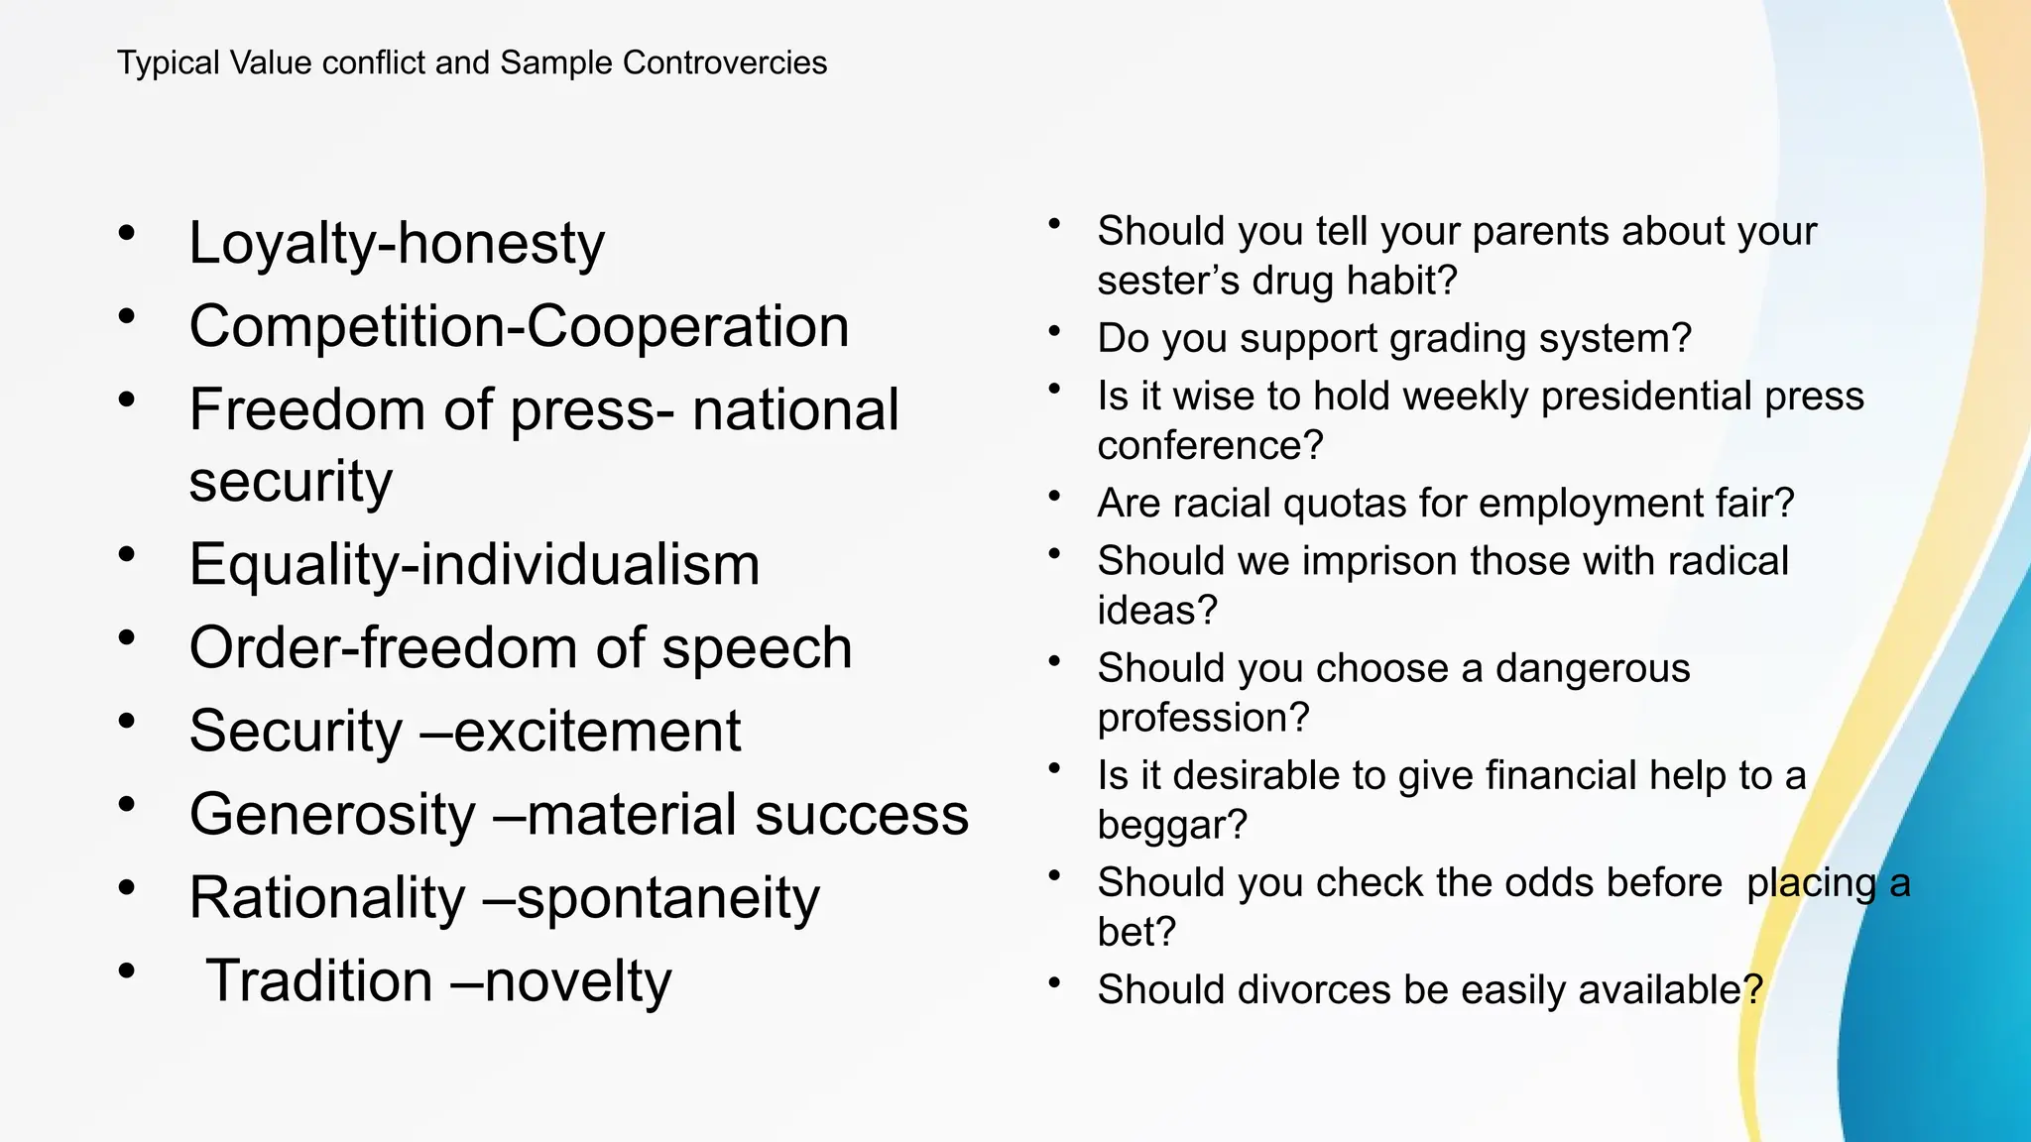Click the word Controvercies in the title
(724, 62)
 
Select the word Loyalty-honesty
(397, 244)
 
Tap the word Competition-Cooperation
(519, 326)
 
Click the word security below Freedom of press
(291, 482)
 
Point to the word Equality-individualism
(474, 565)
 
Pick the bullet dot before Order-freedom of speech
(126, 637)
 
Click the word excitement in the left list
(597, 732)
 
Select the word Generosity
(333, 815)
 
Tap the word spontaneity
(667, 899)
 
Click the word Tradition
(319, 981)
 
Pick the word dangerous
(1592, 669)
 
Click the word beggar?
(1171, 826)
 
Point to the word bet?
(1136, 933)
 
